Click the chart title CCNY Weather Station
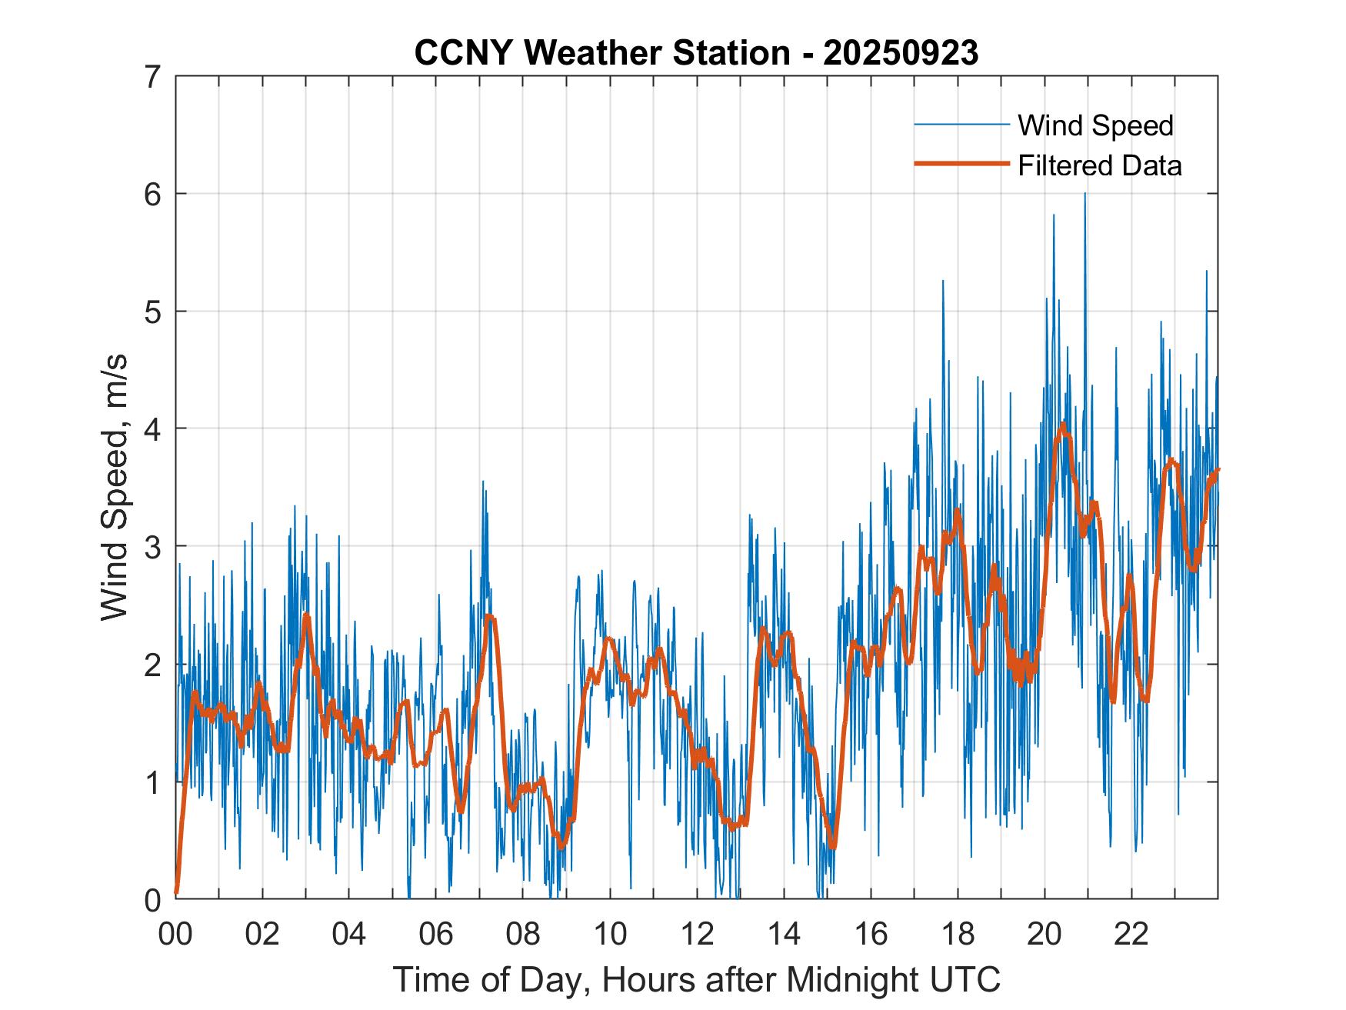[601, 53]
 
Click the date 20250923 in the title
[901, 53]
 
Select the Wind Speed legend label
[1095, 125]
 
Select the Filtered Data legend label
[1099, 165]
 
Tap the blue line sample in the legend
[961, 125]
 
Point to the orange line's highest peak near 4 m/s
[1063, 424]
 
